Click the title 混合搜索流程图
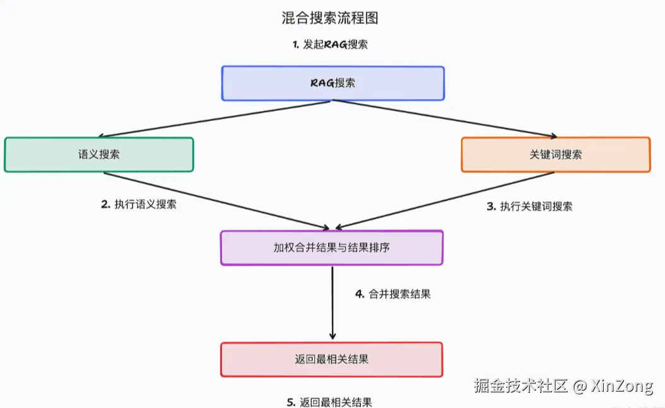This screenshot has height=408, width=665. pyautogui.click(x=330, y=18)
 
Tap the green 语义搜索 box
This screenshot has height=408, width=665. pyautogui.click(x=98, y=154)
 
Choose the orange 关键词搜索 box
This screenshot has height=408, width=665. pyautogui.click(x=555, y=154)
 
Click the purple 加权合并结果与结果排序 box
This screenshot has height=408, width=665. pyautogui.click(x=331, y=247)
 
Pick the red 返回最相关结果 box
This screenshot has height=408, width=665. pyautogui.click(x=331, y=359)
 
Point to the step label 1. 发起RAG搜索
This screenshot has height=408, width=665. pyautogui.click(x=330, y=45)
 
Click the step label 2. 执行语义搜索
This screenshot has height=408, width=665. pyautogui.click(x=139, y=204)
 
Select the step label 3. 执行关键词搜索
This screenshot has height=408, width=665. pyautogui.click(x=530, y=206)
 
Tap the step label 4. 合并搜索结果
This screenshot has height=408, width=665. pyautogui.click(x=393, y=294)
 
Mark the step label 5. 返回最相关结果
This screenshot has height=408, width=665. pyautogui.click(x=329, y=402)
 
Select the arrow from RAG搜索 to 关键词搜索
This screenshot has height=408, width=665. pyautogui.click(x=454, y=119)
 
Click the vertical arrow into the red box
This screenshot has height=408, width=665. pyautogui.click(x=332, y=303)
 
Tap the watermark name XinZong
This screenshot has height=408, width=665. pyautogui.click(x=622, y=386)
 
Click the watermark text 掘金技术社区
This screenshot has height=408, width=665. pyautogui.click(x=521, y=386)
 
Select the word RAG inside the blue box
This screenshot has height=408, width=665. pyautogui.click(x=322, y=83)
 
